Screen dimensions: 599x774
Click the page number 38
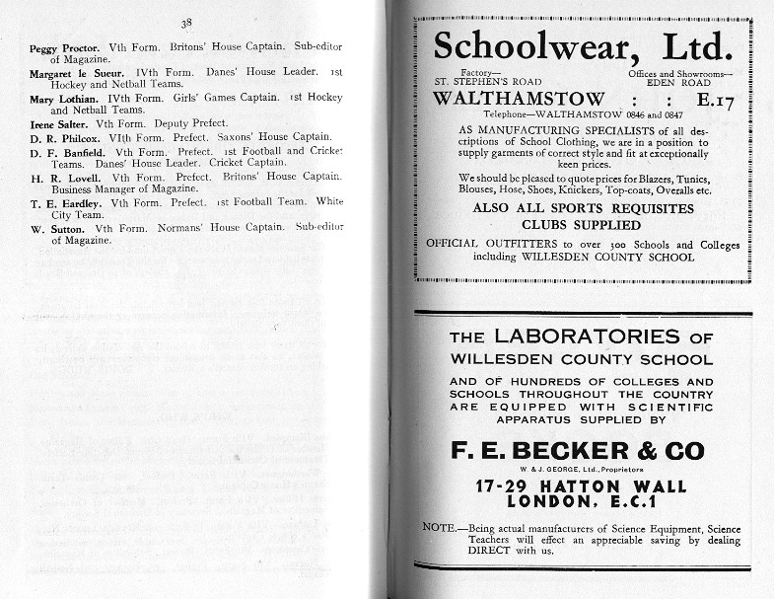click(186, 23)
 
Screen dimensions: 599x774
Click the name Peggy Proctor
click(62, 48)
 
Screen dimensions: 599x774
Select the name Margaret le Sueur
click(75, 73)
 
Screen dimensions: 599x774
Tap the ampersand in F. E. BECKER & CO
click(645, 452)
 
